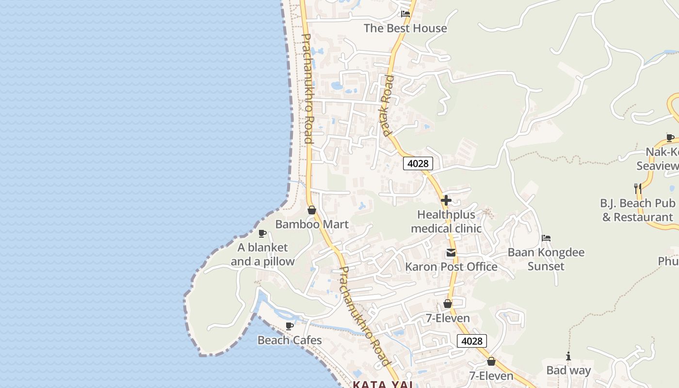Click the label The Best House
(405, 28)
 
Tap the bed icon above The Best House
(405, 14)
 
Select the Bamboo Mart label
(312, 224)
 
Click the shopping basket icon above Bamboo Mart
(312, 210)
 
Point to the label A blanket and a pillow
(262, 254)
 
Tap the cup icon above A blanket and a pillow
(262, 234)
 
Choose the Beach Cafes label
(290, 340)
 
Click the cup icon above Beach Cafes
(290, 326)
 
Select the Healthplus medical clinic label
(446, 221)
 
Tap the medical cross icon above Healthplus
(446, 200)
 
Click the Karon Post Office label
(451, 267)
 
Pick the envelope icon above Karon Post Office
(451, 253)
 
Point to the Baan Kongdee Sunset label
(546, 259)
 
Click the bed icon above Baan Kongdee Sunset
(546, 238)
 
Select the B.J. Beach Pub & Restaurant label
(638, 210)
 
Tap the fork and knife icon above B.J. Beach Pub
(638, 188)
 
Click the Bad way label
(568, 371)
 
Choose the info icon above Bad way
(568, 356)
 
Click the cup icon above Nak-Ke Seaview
(670, 138)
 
